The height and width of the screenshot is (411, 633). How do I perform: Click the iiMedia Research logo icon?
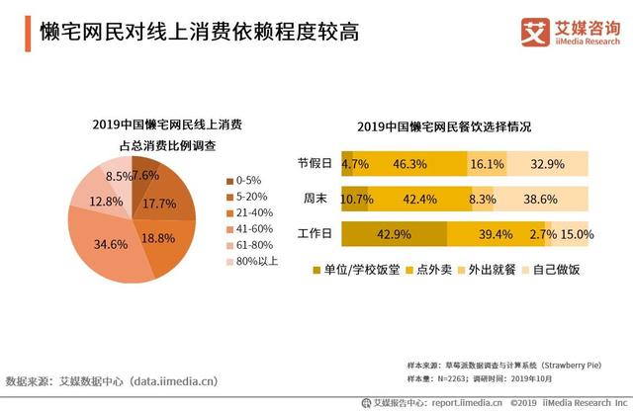coord(533,32)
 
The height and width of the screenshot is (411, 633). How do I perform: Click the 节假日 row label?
coord(316,164)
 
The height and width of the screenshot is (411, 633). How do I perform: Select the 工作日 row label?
coord(316,234)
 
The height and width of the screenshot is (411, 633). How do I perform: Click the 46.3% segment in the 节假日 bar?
coord(408,164)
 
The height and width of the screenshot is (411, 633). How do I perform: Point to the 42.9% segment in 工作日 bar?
coord(395,234)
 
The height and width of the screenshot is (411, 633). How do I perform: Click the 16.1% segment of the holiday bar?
coord(488,164)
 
